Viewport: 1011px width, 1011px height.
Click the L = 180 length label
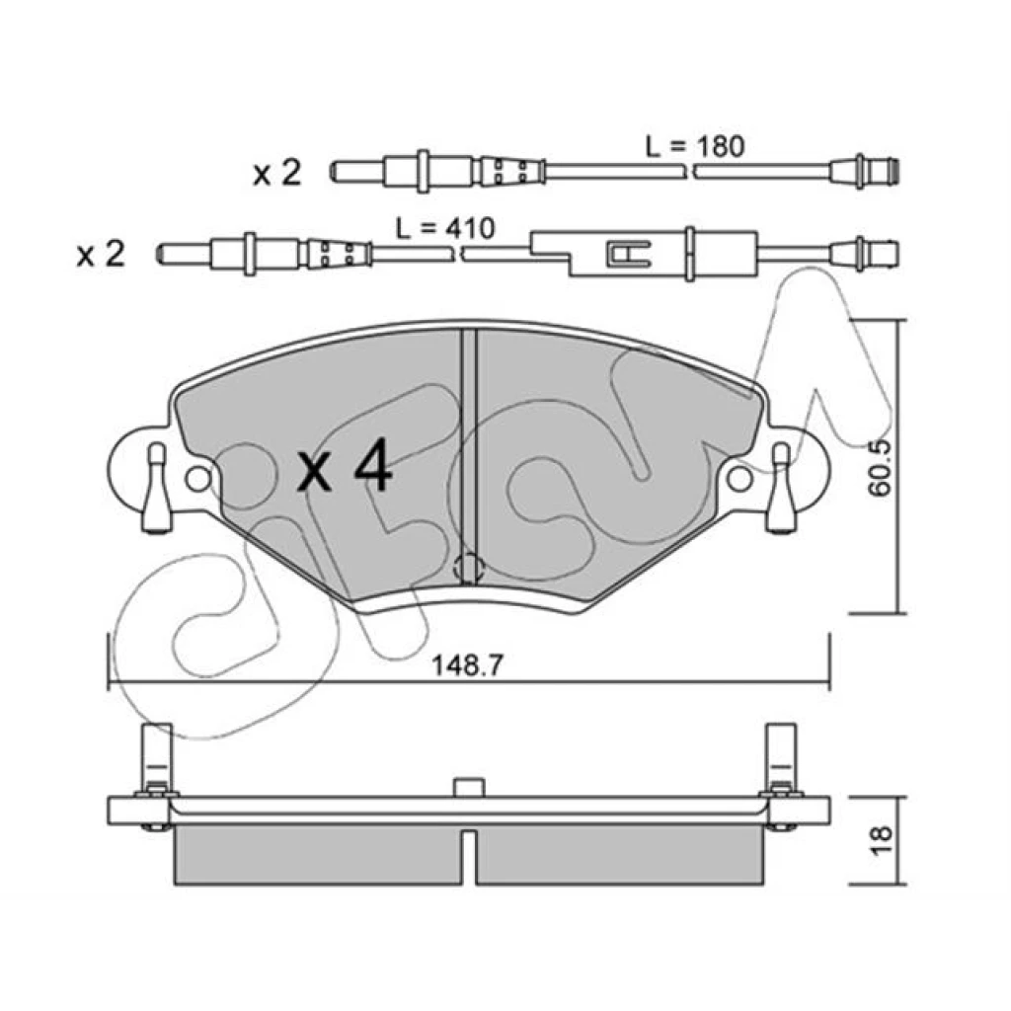click(695, 147)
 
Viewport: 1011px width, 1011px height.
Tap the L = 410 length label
click(445, 228)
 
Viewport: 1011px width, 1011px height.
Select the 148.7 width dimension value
click(467, 664)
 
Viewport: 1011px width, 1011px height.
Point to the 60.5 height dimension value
click(880, 467)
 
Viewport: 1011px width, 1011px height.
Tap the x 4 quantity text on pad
click(345, 466)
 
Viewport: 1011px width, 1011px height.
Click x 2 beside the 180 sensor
click(277, 174)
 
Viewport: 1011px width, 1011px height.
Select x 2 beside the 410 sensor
click(101, 255)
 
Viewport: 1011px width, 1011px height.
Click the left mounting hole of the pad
click(197, 479)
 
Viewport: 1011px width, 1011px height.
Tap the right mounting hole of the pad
click(739, 479)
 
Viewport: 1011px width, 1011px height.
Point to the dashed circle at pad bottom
click(469, 569)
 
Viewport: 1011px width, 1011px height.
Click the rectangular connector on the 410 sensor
click(645, 254)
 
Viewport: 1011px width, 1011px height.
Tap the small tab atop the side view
click(469, 787)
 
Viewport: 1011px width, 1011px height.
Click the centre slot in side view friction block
click(469, 857)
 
